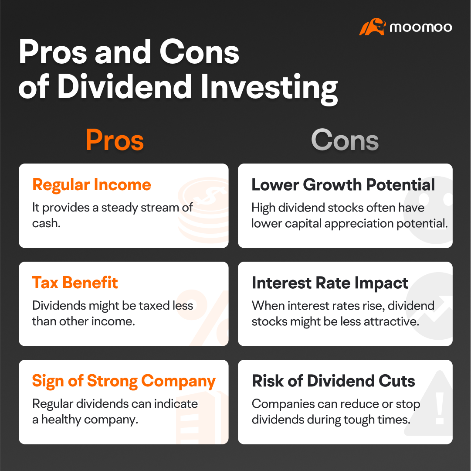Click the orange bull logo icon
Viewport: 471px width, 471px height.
[372, 27]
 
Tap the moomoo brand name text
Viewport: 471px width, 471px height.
[420, 27]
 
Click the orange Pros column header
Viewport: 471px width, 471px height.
[115, 140]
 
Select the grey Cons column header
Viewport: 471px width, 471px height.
[345, 140]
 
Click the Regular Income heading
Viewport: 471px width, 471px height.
[91, 185]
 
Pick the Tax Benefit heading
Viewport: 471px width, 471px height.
[75, 283]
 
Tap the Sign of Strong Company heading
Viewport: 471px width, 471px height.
[124, 381]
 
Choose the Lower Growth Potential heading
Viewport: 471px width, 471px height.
[343, 185]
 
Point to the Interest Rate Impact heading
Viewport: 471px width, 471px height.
[330, 283]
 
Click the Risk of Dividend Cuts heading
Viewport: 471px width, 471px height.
[333, 381]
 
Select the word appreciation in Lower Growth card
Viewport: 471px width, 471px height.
[369, 223]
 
